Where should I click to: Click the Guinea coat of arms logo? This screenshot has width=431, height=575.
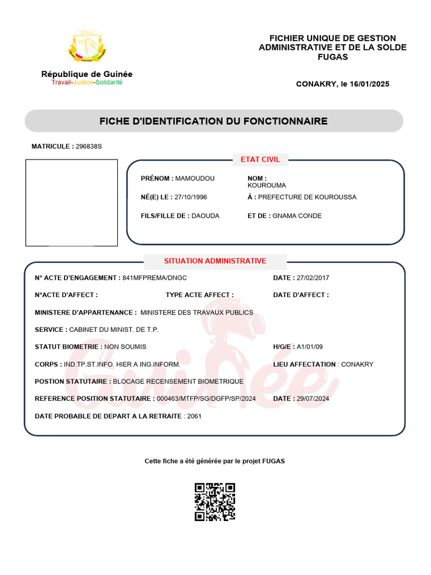click(x=87, y=47)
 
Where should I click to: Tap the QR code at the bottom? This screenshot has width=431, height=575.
click(x=215, y=502)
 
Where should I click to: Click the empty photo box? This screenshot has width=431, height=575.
click(x=72, y=203)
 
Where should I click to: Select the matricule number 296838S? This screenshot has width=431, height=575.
click(x=89, y=147)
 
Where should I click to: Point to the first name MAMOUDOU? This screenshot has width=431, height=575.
click(x=195, y=179)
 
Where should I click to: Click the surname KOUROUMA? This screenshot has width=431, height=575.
click(x=267, y=185)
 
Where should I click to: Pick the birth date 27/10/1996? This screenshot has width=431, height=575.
click(x=191, y=197)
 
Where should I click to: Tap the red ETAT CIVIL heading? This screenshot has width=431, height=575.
click(x=260, y=159)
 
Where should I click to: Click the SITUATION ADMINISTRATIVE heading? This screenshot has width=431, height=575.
click(x=215, y=261)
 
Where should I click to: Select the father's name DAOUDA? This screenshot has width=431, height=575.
click(x=205, y=216)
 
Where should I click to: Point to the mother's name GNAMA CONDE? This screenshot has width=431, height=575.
click(x=297, y=216)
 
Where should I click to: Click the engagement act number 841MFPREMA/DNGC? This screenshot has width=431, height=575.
click(x=154, y=278)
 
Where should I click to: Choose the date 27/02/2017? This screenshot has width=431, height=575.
click(x=314, y=278)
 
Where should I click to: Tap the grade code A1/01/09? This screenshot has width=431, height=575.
click(x=310, y=347)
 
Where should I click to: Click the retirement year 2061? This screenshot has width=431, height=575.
click(x=194, y=416)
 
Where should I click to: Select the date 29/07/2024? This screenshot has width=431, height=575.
click(x=314, y=399)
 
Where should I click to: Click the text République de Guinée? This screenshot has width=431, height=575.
click(x=87, y=74)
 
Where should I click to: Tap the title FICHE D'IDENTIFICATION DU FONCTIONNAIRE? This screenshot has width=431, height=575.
click(x=213, y=121)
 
